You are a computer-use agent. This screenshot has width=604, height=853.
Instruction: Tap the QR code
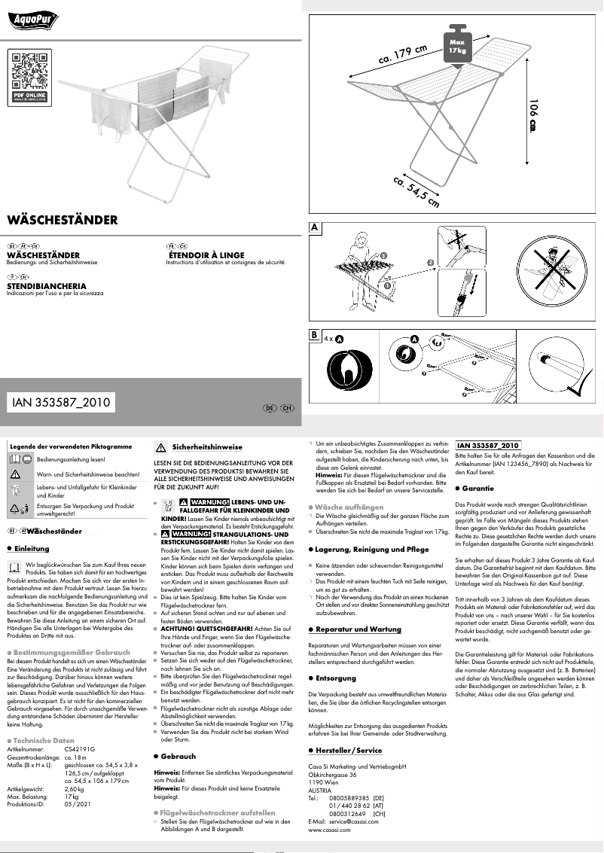[31, 72]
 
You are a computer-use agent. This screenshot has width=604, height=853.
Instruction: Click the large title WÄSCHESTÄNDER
[63, 221]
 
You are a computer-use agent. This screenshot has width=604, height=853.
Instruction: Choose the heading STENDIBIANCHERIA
[47, 286]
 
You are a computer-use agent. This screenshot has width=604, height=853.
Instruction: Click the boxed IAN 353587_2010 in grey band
[62, 403]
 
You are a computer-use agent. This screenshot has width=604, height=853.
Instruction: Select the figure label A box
[315, 227]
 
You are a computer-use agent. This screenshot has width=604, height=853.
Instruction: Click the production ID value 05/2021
[78, 803]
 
